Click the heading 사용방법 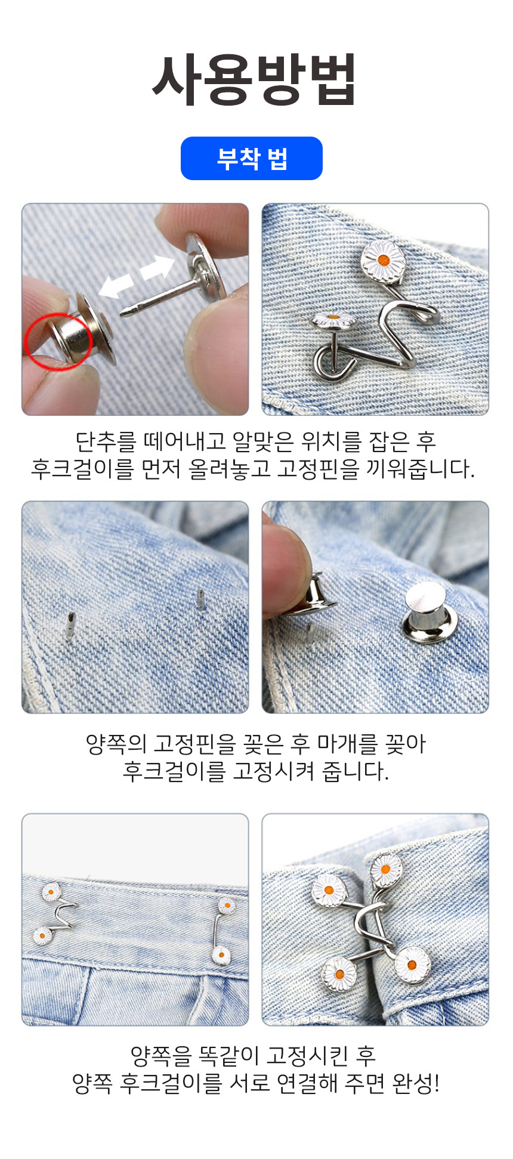tap(255, 79)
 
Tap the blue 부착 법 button tap(252, 159)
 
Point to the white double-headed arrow tap(137, 276)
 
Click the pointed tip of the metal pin tap(122, 312)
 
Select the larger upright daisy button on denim tap(383, 261)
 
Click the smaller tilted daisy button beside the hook tap(335, 320)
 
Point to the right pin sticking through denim tap(200, 599)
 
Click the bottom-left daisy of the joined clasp tap(339, 973)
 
